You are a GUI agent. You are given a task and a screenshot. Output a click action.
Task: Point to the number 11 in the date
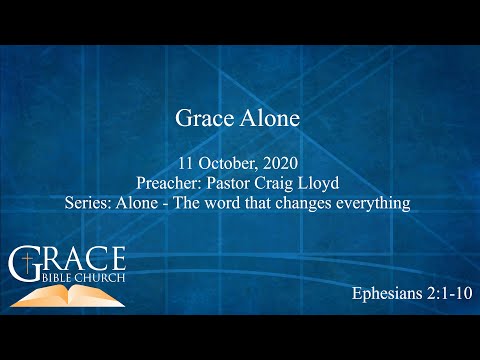(188, 163)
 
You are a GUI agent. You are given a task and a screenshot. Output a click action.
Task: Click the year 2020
(281, 163)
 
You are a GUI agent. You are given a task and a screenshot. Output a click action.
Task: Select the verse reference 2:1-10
(443, 295)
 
